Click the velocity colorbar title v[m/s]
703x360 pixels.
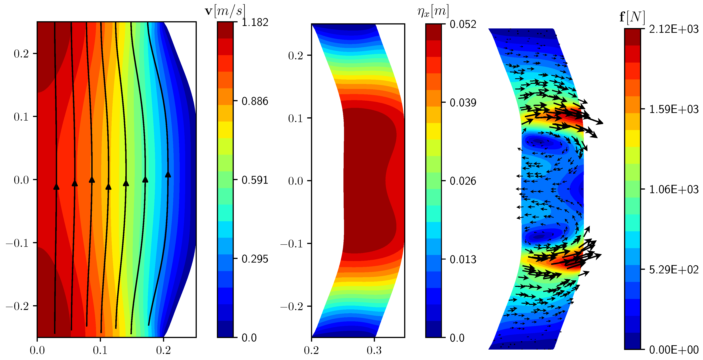coord(225,11)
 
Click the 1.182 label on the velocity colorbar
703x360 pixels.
coord(255,22)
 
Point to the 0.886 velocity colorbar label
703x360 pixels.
coord(255,101)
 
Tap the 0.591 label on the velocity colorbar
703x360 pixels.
coord(255,180)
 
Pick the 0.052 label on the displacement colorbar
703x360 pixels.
coord(463,24)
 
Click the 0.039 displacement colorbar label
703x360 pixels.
coord(463,103)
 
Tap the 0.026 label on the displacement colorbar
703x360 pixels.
coord(463,181)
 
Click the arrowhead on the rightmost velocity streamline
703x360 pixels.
coord(168,174)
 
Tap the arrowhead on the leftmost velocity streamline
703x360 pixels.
coord(56,187)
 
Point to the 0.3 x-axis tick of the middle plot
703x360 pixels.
coord(374,350)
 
